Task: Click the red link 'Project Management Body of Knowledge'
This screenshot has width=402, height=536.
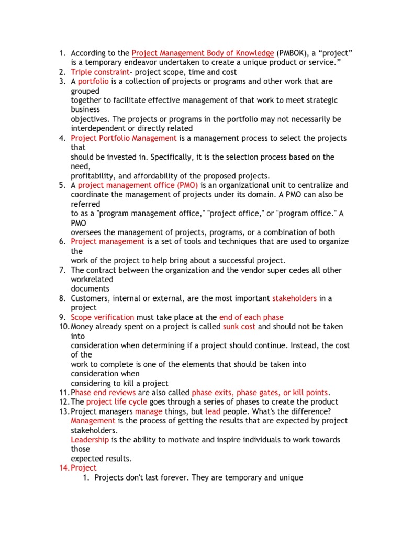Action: (x=203, y=53)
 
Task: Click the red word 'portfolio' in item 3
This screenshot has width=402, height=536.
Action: (x=93, y=81)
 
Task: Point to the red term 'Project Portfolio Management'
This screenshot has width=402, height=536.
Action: (x=124, y=138)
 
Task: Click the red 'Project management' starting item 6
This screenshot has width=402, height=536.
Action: (x=107, y=242)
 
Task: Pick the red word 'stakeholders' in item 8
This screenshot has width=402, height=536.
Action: (x=294, y=298)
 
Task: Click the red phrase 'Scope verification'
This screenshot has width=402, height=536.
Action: (x=103, y=317)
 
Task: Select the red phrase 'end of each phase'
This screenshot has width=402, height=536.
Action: (x=251, y=317)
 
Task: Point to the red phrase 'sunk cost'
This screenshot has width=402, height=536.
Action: (x=239, y=327)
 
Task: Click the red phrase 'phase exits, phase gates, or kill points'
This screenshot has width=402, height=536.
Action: (x=260, y=393)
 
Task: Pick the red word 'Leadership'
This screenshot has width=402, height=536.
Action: (x=90, y=440)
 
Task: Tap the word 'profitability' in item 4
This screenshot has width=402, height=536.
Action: (x=92, y=176)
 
